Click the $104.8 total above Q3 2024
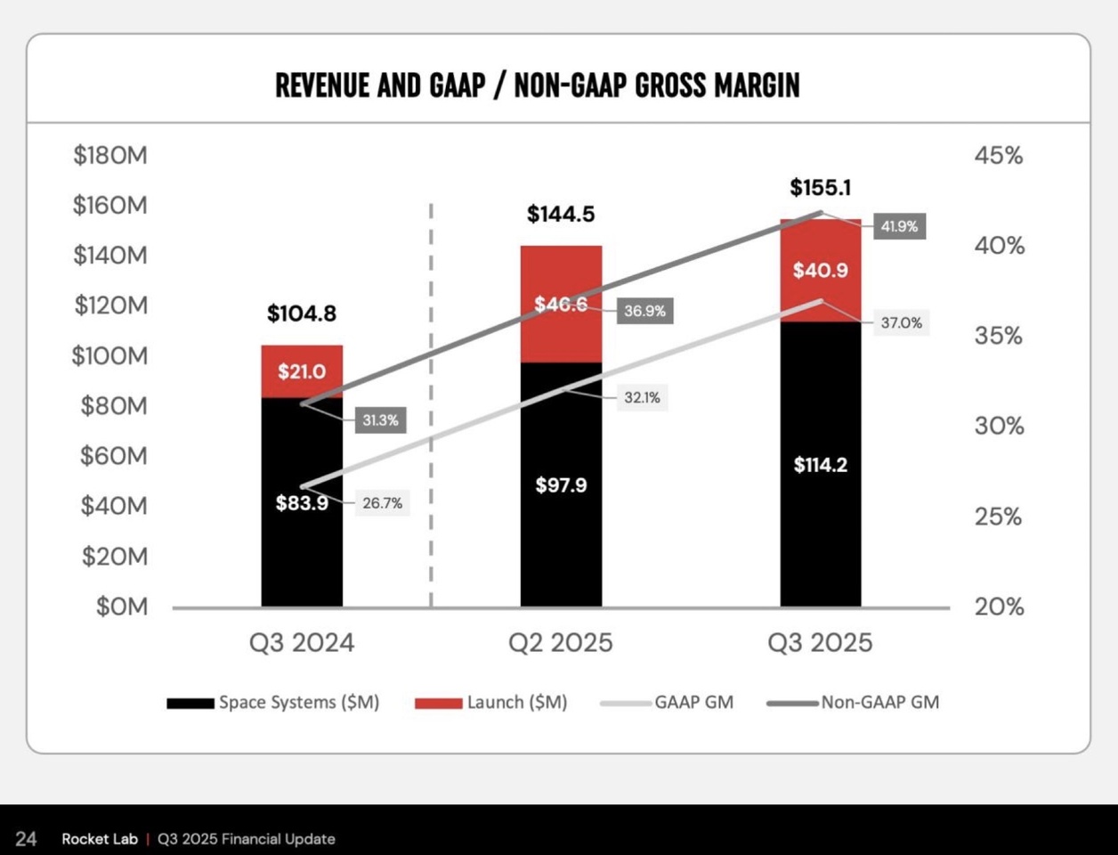point(302,313)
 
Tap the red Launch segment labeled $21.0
point(302,371)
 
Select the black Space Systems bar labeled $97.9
point(561,485)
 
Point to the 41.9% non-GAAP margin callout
point(899,226)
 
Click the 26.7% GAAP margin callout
point(382,503)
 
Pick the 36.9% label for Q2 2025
point(644,311)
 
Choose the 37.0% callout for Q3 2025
point(901,322)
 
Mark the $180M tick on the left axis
point(110,156)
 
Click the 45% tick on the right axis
point(998,156)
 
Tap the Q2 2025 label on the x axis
point(561,643)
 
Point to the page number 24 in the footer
point(26,839)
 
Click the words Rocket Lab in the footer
point(100,839)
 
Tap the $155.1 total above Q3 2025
point(821,188)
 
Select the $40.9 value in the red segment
point(821,270)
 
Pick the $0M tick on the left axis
point(122,607)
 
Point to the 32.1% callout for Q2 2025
point(642,397)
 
